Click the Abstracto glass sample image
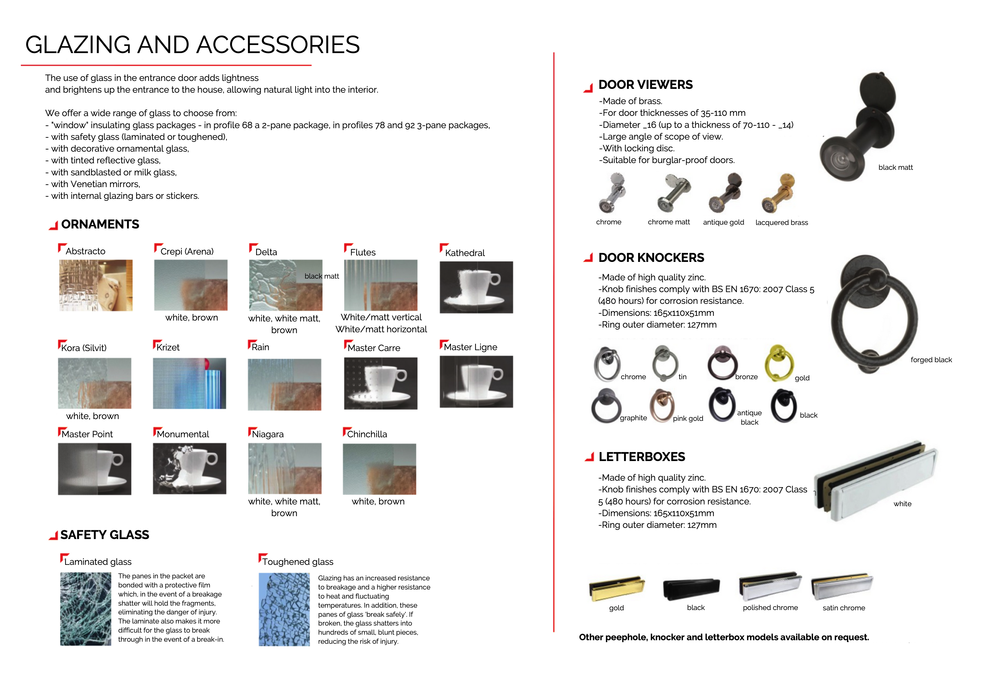(x=95, y=285)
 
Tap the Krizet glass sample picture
(x=190, y=383)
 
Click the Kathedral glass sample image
(x=476, y=287)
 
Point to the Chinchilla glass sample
(x=379, y=469)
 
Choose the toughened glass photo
(x=284, y=609)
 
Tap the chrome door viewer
(x=611, y=193)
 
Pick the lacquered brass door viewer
(x=778, y=193)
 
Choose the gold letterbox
(x=616, y=588)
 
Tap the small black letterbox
(x=691, y=588)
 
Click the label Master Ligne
(x=470, y=347)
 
